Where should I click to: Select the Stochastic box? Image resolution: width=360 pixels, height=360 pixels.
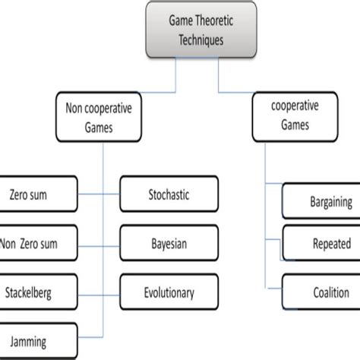click(168, 194)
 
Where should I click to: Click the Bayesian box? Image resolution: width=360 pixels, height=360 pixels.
click(168, 243)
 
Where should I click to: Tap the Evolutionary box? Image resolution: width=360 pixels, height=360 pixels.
click(168, 292)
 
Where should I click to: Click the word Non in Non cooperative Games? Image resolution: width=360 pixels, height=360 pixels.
click(71, 109)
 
